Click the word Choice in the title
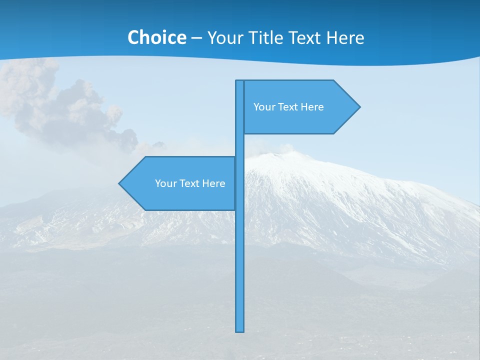[x=156, y=37]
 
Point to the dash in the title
[x=196, y=38]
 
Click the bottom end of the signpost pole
[x=240, y=330]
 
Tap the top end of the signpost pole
[x=240, y=82]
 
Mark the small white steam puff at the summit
[x=286, y=148]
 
